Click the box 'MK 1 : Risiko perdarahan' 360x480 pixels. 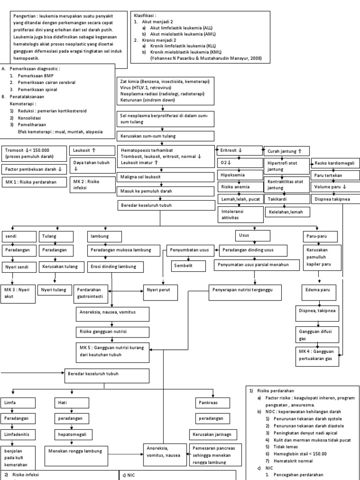pyautogui.click(x=34, y=181)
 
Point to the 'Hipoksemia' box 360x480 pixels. pyautogui.click(x=238, y=174)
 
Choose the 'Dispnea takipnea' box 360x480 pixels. pyautogui.click(x=335, y=199)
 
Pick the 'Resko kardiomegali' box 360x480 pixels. pyautogui.click(x=335, y=163)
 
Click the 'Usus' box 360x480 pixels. pyautogui.click(x=252, y=234)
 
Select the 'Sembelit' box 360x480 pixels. pyautogui.click(x=187, y=265)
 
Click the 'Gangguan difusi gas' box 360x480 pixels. pyautogui.click(x=318, y=334)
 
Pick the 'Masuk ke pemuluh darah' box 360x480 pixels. pyautogui.click(x=164, y=191)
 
